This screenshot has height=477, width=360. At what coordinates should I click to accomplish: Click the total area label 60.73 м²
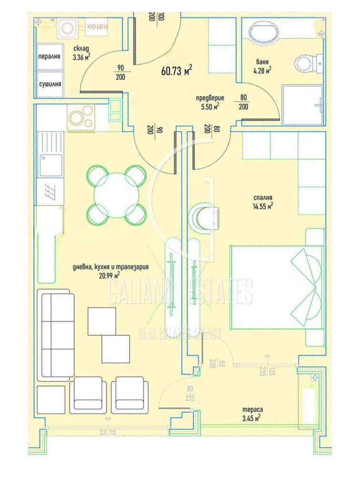click(x=176, y=71)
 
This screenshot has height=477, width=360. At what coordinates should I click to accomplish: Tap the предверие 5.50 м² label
click(x=207, y=102)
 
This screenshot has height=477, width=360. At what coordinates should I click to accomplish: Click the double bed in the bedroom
click(x=277, y=286)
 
